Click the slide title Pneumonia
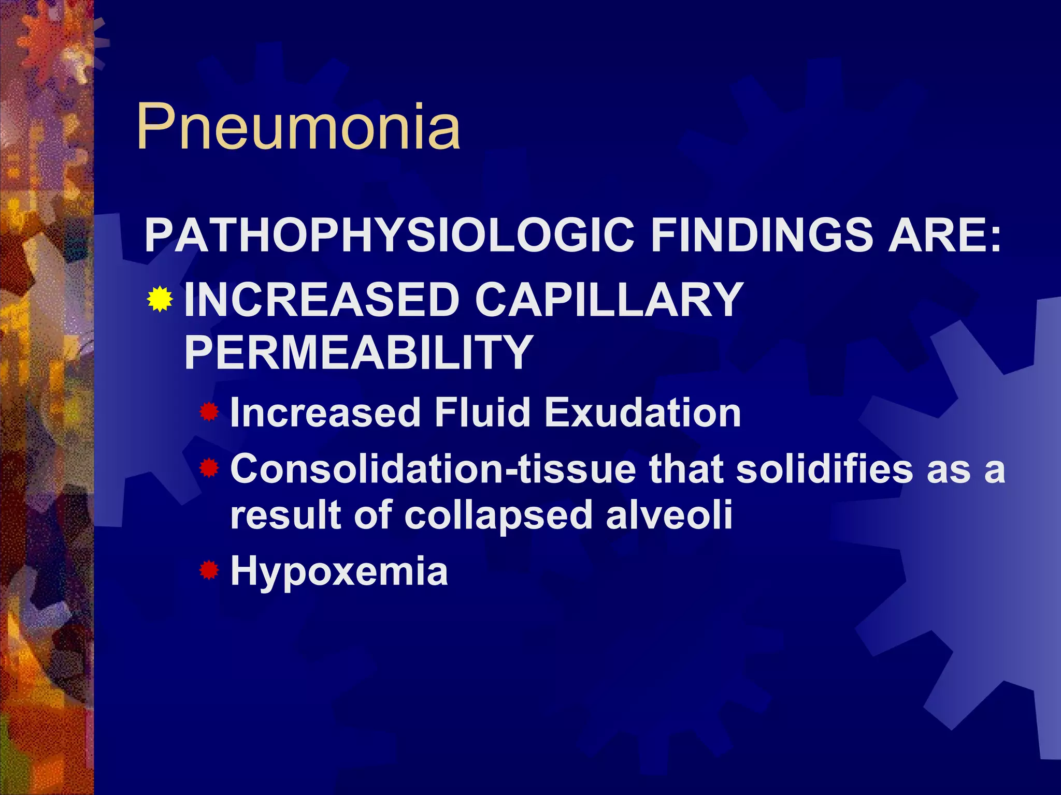coord(298,127)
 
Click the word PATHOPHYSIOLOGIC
coord(389,235)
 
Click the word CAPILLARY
coord(609,300)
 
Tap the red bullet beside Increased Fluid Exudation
coord(209,413)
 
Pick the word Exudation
coord(643,413)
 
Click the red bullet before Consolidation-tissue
coord(209,469)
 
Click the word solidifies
coord(824,469)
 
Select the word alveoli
coord(669,514)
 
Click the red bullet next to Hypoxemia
coord(209,571)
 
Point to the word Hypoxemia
coord(339,572)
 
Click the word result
coord(285,514)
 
